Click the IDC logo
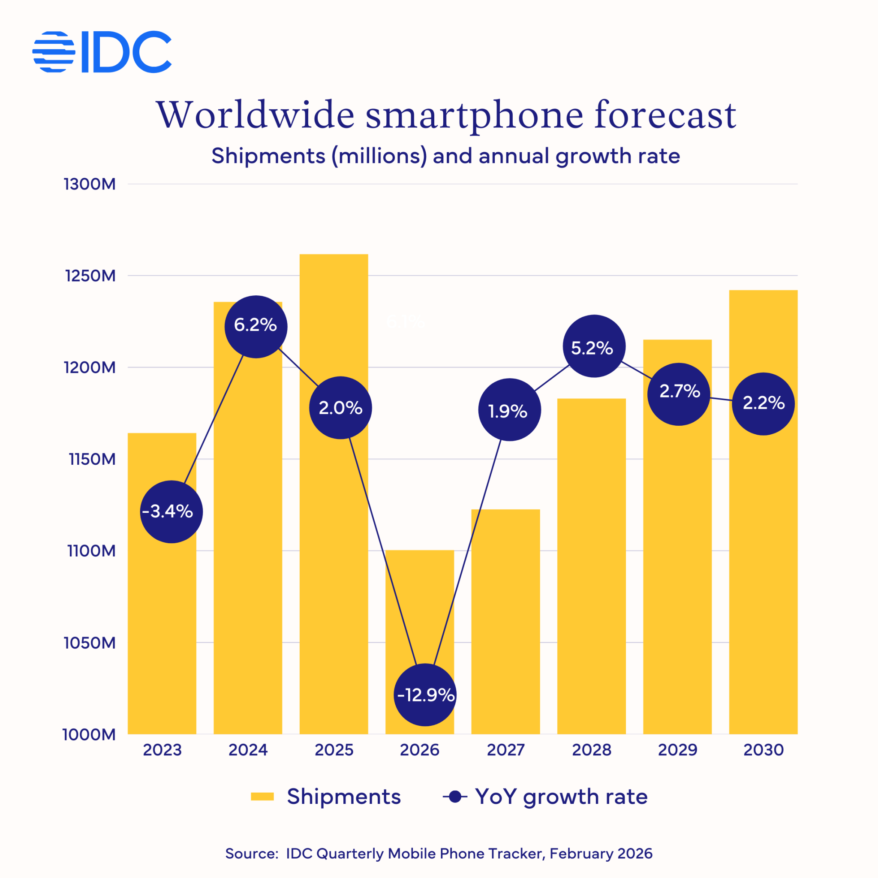click(x=102, y=52)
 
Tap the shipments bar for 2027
click(x=505, y=636)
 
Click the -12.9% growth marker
click(x=425, y=695)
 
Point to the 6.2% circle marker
click(x=256, y=326)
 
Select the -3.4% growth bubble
click(x=171, y=512)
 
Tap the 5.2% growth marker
click(x=594, y=346)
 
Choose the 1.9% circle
click(x=509, y=409)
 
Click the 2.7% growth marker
click(x=679, y=394)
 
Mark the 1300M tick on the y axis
click(x=90, y=184)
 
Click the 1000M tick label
click(x=89, y=734)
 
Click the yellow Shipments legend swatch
click(x=262, y=797)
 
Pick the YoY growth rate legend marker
click(x=455, y=797)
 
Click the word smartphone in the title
click(x=474, y=115)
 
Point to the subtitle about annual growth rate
click(x=445, y=156)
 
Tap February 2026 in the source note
click(x=601, y=854)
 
